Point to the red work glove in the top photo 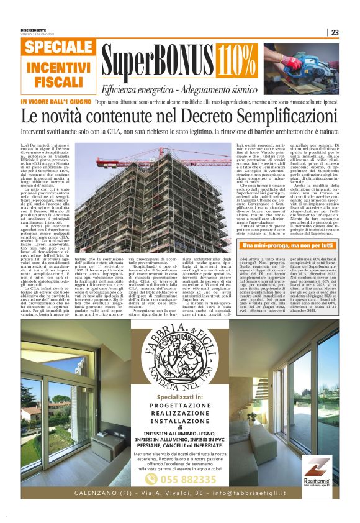pos(291,62)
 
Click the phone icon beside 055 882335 pos(151,479)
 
